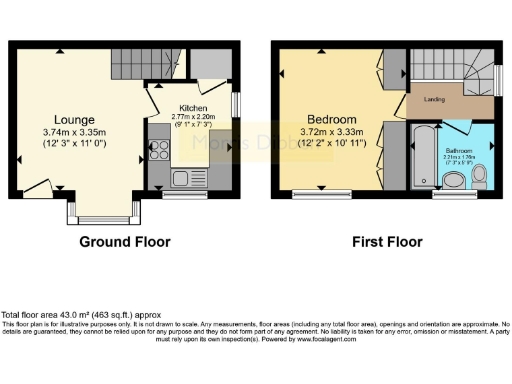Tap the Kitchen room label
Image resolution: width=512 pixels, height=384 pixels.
click(x=193, y=107)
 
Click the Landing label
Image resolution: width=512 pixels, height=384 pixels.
click(x=436, y=98)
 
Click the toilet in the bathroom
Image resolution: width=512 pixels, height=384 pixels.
click(x=478, y=177)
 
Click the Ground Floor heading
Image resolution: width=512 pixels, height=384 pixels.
click(x=125, y=242)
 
